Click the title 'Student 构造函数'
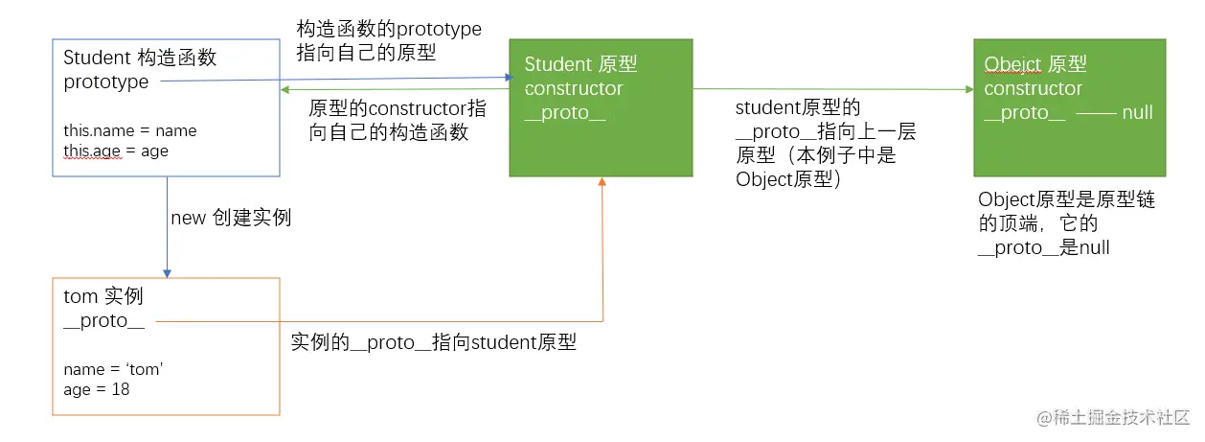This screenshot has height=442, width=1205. (x=140, y=58)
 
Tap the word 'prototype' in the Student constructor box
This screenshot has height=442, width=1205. (x=106, y=82)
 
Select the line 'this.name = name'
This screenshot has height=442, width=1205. (x=130, y=130)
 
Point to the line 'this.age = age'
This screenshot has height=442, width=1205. (x=116, y=151)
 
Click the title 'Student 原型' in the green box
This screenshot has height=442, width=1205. (x=580, y=64)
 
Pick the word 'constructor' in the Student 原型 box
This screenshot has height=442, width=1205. (x=573, y=89)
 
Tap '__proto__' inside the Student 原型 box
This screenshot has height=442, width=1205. (x=564, y=113)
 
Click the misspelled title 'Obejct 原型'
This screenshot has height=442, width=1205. (x=1034, y=64)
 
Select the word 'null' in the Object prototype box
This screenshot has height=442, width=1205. (x=1137, y=113)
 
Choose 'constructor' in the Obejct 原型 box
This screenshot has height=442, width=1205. (x=1033, y=89)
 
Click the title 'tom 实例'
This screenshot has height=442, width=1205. (x=103, y=297)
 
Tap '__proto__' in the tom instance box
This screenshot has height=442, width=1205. (x=103, y=321)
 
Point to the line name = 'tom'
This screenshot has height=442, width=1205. (x=114, y=369)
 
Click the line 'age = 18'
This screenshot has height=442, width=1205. (x=97, y=389)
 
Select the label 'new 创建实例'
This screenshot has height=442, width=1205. (x=231, y=218)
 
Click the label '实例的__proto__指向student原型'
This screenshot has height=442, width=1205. (x=434, y=342)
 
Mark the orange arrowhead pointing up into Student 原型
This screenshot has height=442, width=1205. (x=602, y=182)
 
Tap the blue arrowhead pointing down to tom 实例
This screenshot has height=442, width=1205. (x=167, y=272)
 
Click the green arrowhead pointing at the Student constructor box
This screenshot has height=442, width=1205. (x=285, y=90)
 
